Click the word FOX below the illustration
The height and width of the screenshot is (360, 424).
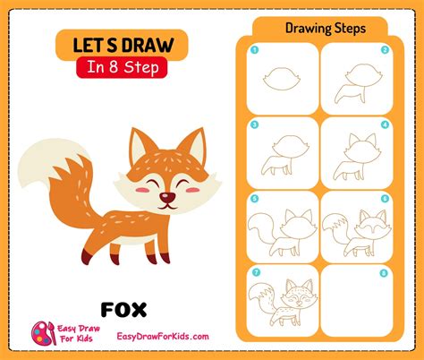124,310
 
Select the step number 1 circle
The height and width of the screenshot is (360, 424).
254,51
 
